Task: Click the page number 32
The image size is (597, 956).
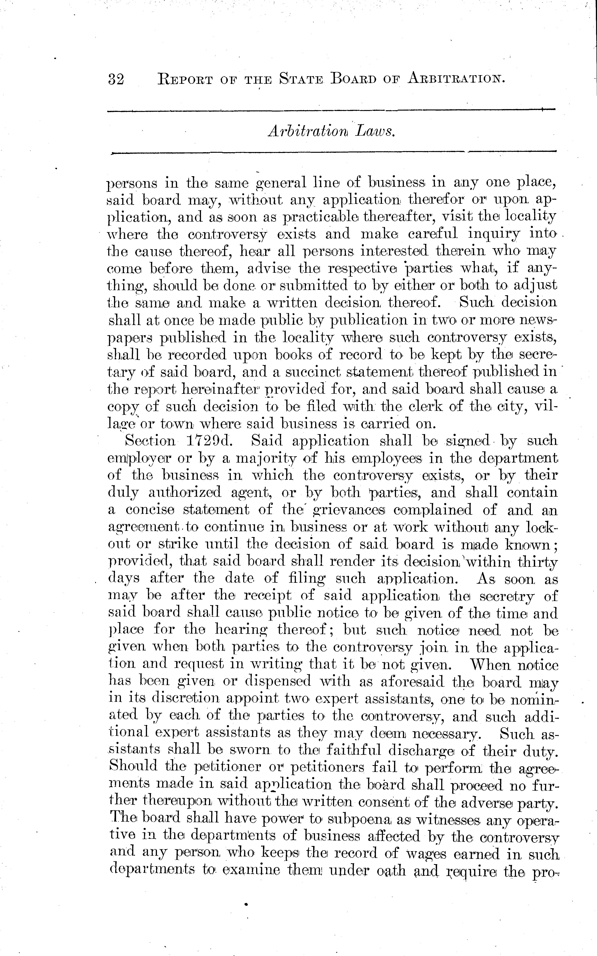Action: pos(116,79)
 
